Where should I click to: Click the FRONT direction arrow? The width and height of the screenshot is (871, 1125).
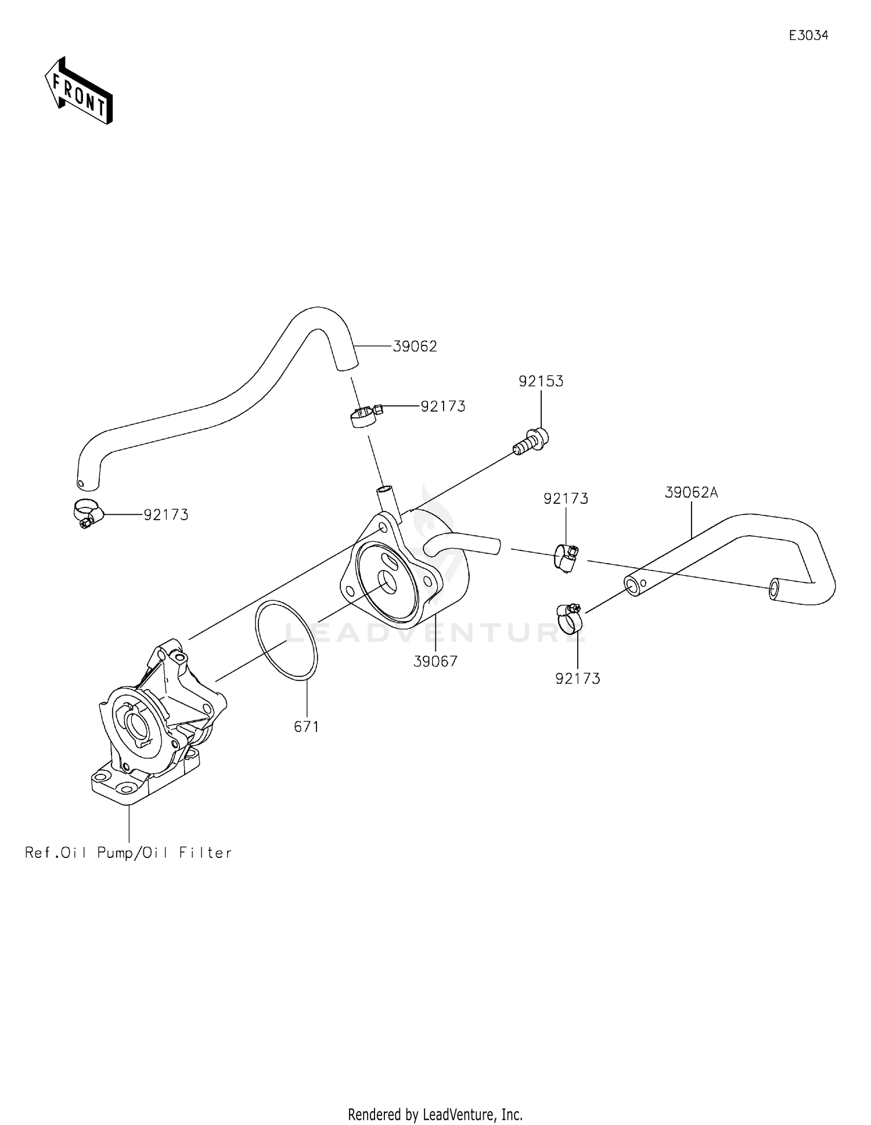point(78,90)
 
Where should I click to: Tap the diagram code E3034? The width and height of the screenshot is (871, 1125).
point(808,35)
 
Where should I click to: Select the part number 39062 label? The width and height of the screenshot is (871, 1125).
point(415,347)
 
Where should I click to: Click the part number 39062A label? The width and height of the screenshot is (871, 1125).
point(691,493)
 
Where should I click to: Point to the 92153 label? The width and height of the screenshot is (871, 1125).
point(541,381)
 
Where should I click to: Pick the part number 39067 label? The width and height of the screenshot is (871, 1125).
point(435,661)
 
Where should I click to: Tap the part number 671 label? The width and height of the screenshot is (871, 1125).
point(306,726)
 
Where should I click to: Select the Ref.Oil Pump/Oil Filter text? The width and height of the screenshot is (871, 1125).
point(128,853)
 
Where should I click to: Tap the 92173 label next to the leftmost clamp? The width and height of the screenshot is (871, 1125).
point(166,515)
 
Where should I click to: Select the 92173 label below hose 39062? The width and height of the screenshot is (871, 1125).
point(443,406)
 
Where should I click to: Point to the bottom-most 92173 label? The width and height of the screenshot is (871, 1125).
point(578,679)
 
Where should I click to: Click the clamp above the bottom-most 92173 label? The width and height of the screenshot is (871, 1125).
point(570,618)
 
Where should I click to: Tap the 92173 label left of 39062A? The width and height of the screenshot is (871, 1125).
point(566,499)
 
